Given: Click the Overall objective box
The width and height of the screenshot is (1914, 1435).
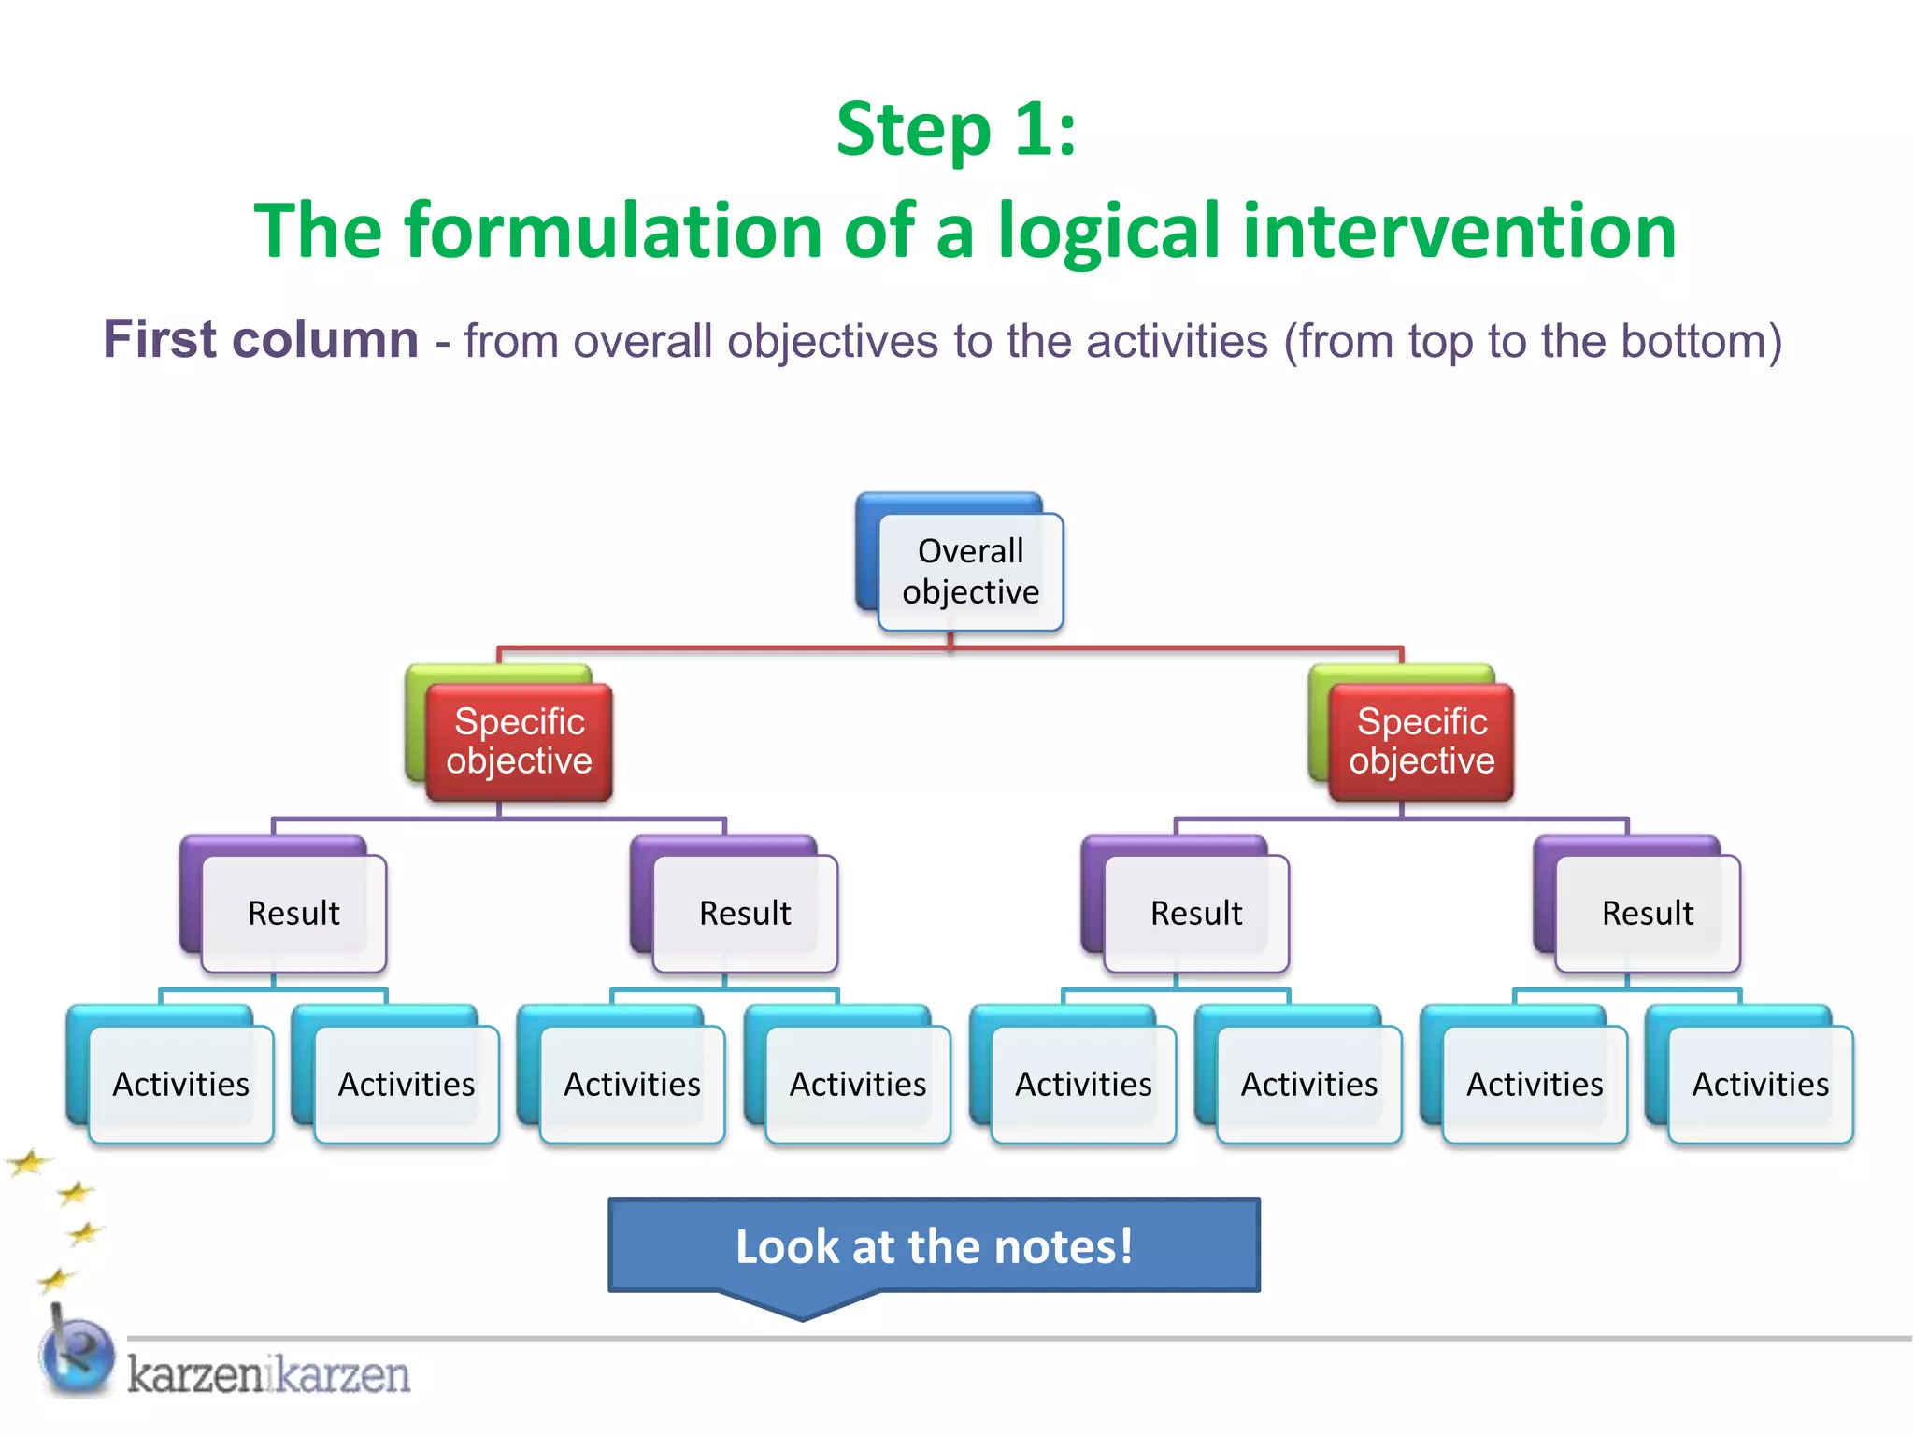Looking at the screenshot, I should point(969,571).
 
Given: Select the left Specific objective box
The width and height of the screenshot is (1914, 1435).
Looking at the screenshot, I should point(519,741).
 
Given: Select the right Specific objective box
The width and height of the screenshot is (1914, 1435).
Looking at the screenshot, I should point(1421,741).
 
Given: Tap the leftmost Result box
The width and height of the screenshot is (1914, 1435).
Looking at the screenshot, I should point(293,913).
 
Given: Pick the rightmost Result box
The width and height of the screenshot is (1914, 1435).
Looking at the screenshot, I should point(1647,913).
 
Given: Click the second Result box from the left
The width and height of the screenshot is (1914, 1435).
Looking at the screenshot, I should point(745,913).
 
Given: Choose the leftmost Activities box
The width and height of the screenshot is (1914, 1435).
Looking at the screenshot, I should point(180,1084).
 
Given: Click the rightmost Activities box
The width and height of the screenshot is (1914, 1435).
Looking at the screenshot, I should point(1760,1084).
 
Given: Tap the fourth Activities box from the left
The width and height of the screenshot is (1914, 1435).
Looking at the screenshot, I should point(857,1084).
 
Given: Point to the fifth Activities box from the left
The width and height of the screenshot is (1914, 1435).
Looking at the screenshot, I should point(1083,1084).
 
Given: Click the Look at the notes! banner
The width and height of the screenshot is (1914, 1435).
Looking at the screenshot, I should point(934,1246).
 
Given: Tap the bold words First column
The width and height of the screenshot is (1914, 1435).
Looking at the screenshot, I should point(261,339).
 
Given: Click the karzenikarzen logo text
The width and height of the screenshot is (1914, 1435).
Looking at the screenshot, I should point(268,1374).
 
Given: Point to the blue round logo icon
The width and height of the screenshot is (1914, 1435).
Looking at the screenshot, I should point(79,1354).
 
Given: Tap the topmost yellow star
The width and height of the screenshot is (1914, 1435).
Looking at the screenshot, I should point(29,1162).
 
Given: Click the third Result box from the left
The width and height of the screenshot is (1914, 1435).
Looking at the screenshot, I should point(1195,913).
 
